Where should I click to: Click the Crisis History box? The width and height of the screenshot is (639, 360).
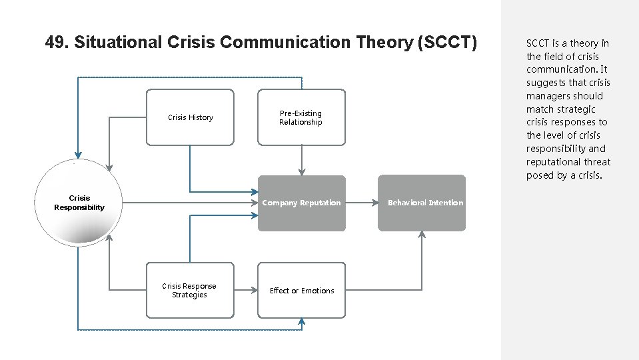coord(190,117)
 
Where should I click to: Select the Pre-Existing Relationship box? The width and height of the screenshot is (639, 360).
coord(301,117)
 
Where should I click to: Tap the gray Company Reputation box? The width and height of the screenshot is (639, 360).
coord(301,203)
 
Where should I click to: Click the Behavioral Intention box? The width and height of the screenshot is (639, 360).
coord(422,203)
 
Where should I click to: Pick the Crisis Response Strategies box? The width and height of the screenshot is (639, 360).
coord(190,290)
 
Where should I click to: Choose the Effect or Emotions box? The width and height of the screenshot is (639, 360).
coord(301,290)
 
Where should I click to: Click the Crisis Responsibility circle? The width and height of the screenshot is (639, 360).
coord(79,203)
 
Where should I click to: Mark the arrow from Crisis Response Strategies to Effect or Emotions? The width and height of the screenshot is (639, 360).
coord(246,290)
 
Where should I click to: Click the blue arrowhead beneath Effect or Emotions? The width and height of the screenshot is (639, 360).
coord(302,322)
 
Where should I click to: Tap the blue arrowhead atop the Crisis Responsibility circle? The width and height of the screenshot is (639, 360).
coord(79,154)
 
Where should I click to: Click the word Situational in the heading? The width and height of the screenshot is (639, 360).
coord(118,43)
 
